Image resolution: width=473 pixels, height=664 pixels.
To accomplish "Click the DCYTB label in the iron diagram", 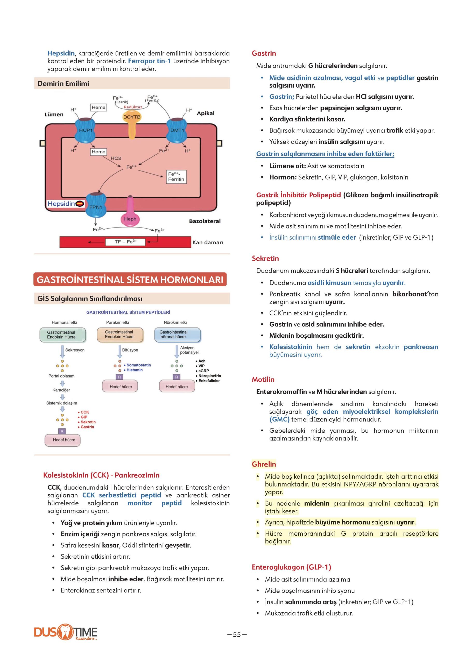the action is (132, 117).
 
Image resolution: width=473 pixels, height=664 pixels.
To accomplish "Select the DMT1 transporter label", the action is (177, 130).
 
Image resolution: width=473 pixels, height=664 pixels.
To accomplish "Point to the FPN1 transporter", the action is (96, 207).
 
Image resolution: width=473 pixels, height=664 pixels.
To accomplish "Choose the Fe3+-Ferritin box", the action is (176, 177).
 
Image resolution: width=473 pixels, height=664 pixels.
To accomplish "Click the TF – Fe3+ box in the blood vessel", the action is (125, 242).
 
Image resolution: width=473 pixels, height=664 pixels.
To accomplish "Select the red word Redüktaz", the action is (133, 107).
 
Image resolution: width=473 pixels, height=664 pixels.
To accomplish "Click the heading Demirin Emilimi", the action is (63, 83).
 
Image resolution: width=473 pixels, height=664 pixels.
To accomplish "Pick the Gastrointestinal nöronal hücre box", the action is (177, 335).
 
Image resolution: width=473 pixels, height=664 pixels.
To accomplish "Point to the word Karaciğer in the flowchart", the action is (61, 390).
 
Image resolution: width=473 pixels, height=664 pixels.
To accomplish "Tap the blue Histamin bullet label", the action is (134, 370).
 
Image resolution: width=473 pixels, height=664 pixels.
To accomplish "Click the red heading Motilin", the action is (263, 379).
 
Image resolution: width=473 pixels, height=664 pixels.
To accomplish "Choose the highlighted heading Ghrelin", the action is (264, 464).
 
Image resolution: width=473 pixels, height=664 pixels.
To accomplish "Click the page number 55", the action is (237, 634).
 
